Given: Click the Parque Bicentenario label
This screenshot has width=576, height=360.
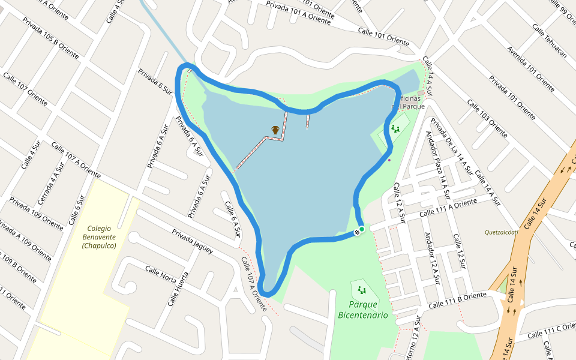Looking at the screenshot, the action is click(363, 310).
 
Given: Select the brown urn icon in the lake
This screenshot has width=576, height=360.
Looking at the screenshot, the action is click(275, 130).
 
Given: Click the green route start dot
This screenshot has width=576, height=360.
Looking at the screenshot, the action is click(362, 229).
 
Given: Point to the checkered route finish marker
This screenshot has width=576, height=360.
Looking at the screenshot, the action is click(357, 232).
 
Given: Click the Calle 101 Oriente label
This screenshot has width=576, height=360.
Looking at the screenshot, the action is click(383, 37).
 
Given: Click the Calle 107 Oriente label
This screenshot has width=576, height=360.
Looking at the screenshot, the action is click(25, 88).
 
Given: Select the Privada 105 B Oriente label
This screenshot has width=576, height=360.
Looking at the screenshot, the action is click(50, 38).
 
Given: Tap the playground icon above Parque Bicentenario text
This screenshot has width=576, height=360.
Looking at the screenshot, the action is click(362, 290).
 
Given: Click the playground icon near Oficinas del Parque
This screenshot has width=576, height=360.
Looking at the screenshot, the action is click(395, 128).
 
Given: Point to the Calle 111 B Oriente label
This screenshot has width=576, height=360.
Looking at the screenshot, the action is click(458, 301).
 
